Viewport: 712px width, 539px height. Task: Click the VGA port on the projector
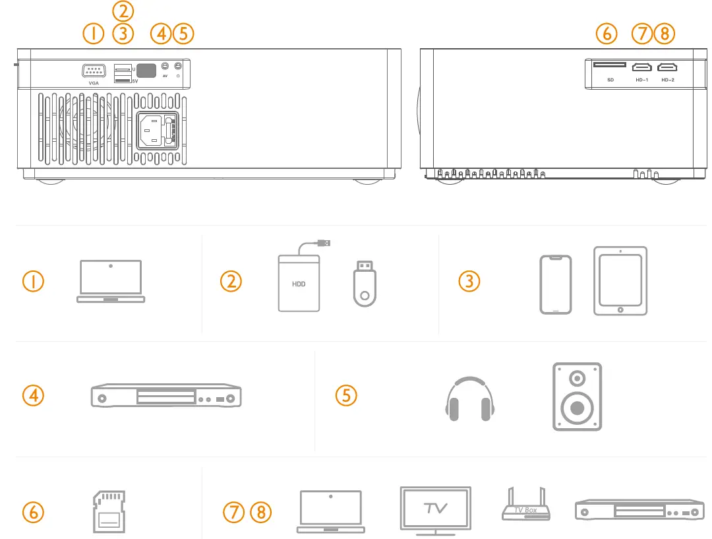(x=94, y=71)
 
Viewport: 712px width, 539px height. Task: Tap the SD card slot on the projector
(x=610, y=65)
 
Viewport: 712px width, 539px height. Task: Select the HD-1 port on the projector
(x=641, y=67)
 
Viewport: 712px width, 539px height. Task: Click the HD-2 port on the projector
(x=668, y=67)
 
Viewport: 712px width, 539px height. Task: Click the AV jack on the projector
(x=165, y=66)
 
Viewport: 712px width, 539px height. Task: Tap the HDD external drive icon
(x=299, y=284)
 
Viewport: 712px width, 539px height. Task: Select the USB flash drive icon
(x=363, y=283)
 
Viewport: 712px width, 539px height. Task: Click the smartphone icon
(x=556, y=284)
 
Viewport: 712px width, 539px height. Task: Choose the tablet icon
(x=620, y=281)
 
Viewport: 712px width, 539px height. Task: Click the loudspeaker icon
(x=577, y=396)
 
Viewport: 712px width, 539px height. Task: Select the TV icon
(x=436, y=509)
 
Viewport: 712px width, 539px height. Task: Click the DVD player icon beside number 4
(x=165, y=397)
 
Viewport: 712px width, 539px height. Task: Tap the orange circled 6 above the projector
(x=606, y=33)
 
